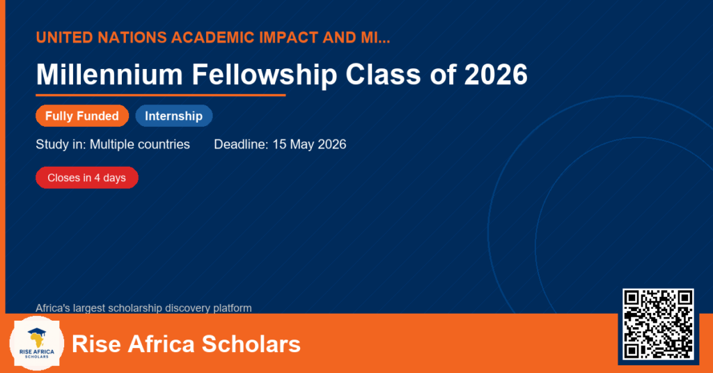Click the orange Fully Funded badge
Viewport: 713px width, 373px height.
click(82, 116)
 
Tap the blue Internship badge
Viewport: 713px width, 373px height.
click(173, 116)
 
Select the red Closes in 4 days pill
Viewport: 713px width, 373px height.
click(87, 178)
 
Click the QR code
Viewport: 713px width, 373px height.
click(658, 324)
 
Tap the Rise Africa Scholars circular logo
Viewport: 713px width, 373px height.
click(37, 343)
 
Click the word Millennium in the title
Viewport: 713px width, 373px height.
click(109, 74)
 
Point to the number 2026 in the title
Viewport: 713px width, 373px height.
click(496, 74)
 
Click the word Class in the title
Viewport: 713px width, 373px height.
click(384, 74)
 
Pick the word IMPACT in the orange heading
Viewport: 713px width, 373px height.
click(289, 38)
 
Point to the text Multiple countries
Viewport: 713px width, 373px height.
click(139, 144)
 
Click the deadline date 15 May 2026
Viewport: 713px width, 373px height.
click(309, 144)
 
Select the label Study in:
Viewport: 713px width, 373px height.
click(61, 144)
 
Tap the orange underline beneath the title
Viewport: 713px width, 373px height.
click(161, 96)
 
